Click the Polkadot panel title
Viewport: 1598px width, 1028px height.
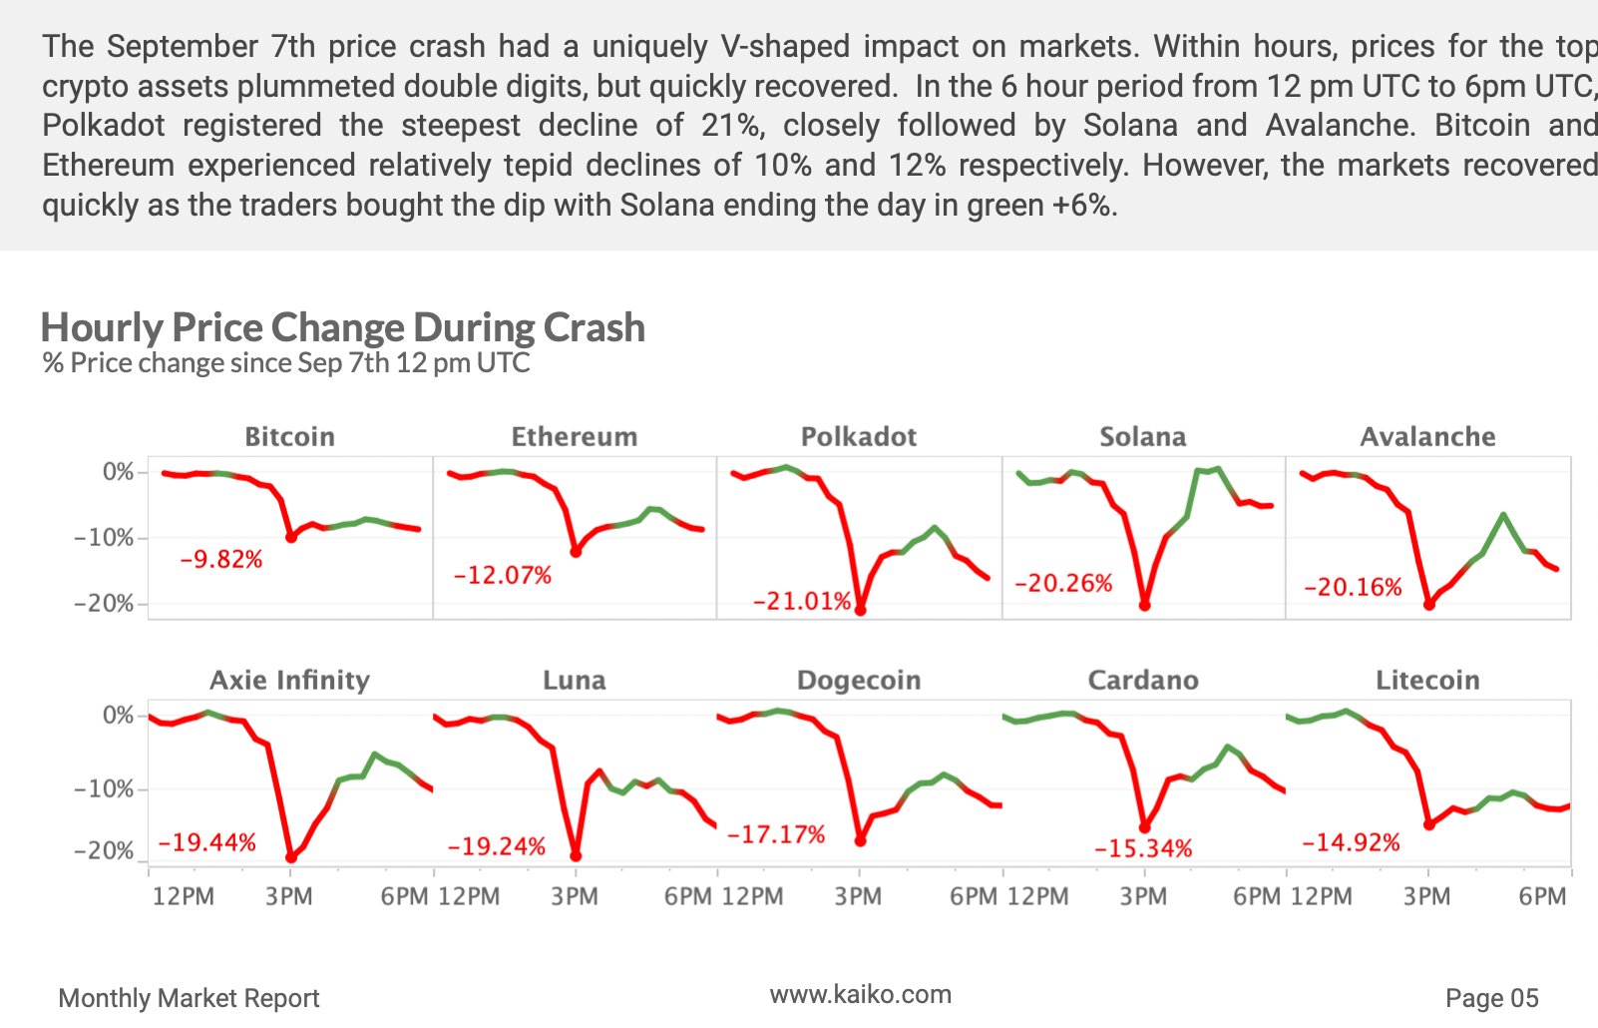click(x=858, y=437)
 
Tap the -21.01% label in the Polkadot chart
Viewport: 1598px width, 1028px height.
click(x=802, y=602)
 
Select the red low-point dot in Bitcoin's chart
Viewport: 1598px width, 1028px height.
click(x=291, y=537)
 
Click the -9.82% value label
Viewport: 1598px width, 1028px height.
click(x=220, y=560)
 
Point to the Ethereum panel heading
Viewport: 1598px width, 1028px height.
click(x=574, y=437)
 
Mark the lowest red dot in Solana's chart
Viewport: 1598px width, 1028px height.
click(x=1144, y=606)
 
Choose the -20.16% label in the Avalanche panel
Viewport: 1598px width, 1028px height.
click(x=1352, y=588)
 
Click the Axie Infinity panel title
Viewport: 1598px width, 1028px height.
click(x=289, y=681)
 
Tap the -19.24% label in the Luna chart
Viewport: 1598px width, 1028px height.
click(x=496, y=847)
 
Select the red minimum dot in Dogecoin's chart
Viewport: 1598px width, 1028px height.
click(x=860, y=841)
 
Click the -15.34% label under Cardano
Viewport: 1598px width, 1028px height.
click(x=1142, y=849)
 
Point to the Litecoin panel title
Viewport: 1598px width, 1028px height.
click(x=1427, y=681)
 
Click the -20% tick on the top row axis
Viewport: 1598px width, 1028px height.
click(x=103, y=604)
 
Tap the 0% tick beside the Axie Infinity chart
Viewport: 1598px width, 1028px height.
click(x=118, y=716)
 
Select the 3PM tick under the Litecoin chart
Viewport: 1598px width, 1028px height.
click(x=1426, y=896)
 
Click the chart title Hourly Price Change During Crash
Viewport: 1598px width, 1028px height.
click(x=342, y=327)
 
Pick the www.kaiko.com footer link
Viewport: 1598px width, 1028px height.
click(x=860, y=994)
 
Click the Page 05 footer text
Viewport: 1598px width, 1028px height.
click(x=1491, y=998)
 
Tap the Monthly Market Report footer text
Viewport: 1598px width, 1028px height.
click(x=189, y=998)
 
